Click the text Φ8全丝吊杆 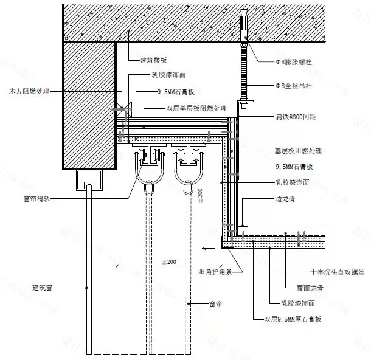tap(280, 86)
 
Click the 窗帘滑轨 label tap(30, 198)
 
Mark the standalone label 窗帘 tap(215, 302)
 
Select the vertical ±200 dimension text tap(199, 196)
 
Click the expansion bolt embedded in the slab tap(243, 24)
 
